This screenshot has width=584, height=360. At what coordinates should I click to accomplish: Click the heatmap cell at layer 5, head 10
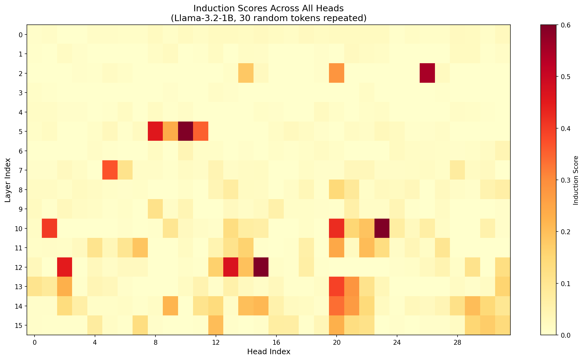(185, 131)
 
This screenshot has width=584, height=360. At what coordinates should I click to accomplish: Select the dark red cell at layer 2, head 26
(427, 73)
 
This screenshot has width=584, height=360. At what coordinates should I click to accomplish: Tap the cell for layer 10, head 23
(382, 228)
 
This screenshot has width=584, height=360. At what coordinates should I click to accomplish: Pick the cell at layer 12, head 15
(261, 267)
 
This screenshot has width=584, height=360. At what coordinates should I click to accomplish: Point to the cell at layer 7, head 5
(110, 170)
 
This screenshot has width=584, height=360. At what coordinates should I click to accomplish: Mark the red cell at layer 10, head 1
(49, 228)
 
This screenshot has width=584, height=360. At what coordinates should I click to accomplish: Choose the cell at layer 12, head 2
(65, 267)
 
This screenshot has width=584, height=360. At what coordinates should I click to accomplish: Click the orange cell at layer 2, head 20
(337, 73)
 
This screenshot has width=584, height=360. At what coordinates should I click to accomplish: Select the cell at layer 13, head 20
(337, 286)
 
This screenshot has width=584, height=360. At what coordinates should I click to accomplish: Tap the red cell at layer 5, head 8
(155, 131)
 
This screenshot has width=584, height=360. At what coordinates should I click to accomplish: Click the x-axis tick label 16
(276, 342)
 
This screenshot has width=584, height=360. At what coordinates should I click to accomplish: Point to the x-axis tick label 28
(458, 342)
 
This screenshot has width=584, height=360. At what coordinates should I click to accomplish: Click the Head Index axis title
(268, 352)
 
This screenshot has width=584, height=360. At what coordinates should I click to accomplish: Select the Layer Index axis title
(8, 180)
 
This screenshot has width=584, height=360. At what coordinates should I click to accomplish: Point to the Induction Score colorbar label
(576, 180)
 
